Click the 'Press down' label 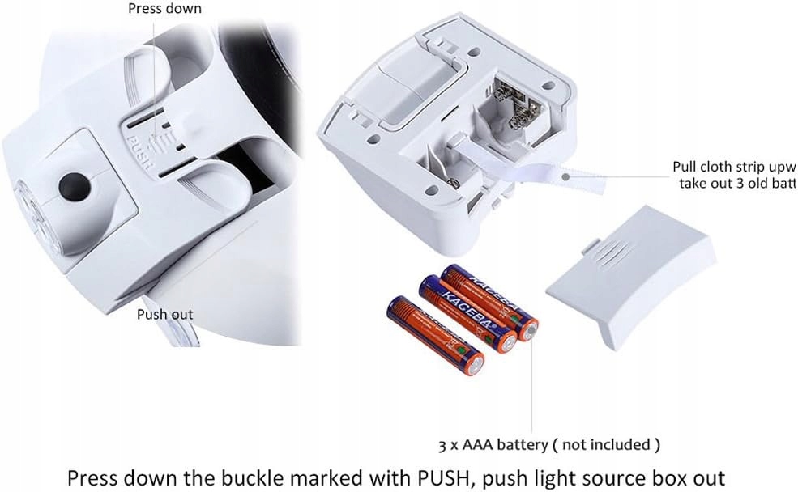[x=165, y=9]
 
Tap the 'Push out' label [x=164, y=315]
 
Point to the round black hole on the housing [x=71, y=183]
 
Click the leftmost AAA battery [x=434, y=337]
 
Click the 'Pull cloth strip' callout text [x=734, y=168]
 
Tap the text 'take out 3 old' [x=729, y=184]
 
